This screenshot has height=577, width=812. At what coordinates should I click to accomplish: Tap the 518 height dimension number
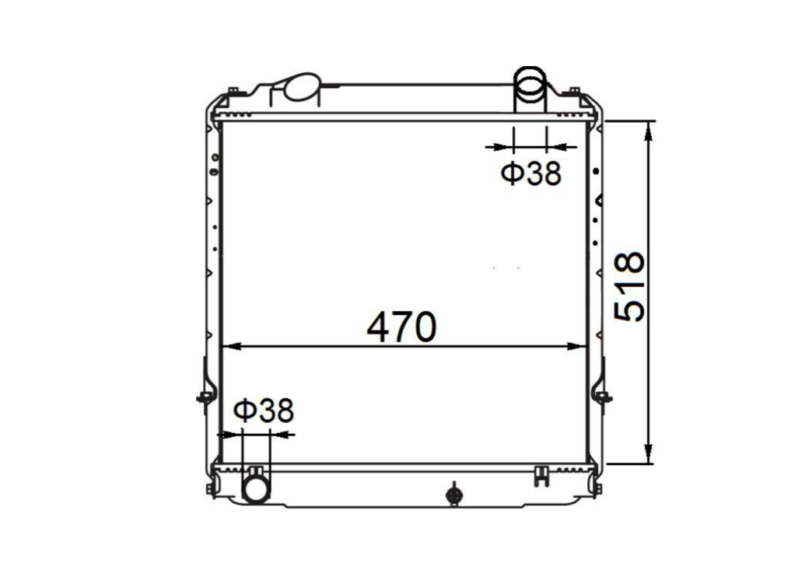pyautogui.click(x=630, y=286)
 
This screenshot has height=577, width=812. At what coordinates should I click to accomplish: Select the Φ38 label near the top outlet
pyautogui.click(x=530, y=174)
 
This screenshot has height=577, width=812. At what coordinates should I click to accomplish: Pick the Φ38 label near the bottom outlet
pyautogui.click(x=264, y=411)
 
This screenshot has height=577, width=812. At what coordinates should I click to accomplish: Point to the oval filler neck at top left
pyautogui.click(x=301, y=87)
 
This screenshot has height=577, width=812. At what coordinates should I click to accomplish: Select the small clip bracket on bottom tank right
pyautogui.click(x=542, y=475)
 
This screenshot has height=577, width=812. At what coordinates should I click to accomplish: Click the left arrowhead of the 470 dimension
pyautogui.click(x=229, y=347)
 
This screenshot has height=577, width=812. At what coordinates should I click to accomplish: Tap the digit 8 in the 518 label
pyautogui.click(x=630, y=263)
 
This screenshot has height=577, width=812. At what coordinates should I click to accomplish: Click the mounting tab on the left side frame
pyautogui.click(x=203, y=398)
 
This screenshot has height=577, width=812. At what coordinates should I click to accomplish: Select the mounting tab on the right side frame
pyautogui.click(x=603, y=398)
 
